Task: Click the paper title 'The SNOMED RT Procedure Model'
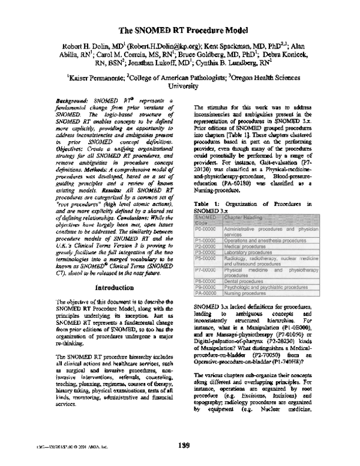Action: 179,29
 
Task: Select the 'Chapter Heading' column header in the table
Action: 243,217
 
